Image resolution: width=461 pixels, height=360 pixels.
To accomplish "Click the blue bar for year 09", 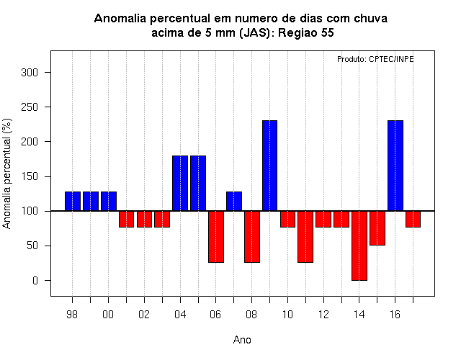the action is (269, 166).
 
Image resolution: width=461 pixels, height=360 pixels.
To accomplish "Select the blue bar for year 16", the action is (395, 166).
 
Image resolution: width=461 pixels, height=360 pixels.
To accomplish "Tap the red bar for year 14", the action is (359, 246).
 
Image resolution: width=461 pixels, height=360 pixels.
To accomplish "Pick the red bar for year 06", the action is (216, 237).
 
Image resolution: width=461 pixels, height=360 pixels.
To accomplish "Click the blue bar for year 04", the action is (180, 184).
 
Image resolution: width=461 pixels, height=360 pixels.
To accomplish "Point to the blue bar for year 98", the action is (72, 202).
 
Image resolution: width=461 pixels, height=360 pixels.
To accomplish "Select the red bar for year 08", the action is (252, 237).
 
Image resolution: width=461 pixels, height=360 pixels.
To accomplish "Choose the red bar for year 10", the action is (287, 219).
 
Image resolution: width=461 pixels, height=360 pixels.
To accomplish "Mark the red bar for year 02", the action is (144, 219).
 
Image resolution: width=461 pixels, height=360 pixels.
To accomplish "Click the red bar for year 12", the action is (323, 219).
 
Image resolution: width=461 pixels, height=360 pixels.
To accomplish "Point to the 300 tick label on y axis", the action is (30, 72).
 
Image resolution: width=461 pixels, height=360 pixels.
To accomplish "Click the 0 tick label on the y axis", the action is (35, 281).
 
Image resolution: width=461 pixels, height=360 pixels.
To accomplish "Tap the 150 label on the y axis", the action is (30, 176).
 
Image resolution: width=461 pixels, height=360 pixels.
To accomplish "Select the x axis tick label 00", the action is (108, 315).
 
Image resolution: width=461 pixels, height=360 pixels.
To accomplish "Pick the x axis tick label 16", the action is (395, 315).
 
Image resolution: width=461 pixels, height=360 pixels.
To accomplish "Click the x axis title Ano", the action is (242, 340).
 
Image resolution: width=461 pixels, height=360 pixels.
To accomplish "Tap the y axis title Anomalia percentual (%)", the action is (6, 174).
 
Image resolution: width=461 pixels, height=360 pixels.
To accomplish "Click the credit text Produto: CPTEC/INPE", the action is (375, 59).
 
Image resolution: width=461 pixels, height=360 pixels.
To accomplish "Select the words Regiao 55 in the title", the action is (305, 32).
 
